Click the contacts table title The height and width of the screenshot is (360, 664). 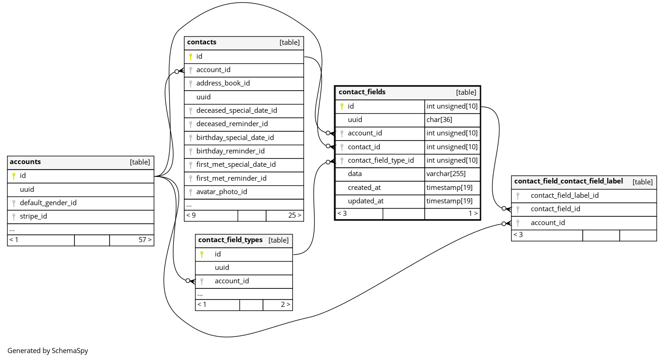pyautogui.click(x=202, y=43)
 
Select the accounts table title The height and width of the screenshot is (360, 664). pyautogui.click(x=25, y=162)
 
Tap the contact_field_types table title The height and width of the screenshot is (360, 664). pyautogui.click(x=230, y=240)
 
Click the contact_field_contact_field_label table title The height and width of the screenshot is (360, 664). pyautogui.click(x=568, y=182)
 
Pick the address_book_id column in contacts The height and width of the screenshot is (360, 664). pyautogui.click(x=223, y=84)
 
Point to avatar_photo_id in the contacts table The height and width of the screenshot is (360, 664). pyautogui.click(x=221, y=192)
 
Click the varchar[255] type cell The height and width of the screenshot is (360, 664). pyautogui.click(x=446, y=174)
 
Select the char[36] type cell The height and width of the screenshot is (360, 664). pyautogui.click(x=439, y=120)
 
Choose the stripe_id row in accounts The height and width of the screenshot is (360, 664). pyautogui.click(x=33, y=216)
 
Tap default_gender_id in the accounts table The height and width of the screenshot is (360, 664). pyautogui.click(x=48, y=203)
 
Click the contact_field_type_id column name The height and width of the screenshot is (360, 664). pyautogui.click(x=381, y=161)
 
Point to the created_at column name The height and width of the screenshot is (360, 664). pyautogui.click(x=364, y=188)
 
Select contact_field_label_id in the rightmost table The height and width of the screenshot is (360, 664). pyautogui.click(x=565, y=195)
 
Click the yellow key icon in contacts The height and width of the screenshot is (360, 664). pyautogui.click(x=190, y=57)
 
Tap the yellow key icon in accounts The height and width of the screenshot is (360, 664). pyautogui.click(x=14, y=176)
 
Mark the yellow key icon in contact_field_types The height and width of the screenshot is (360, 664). pyautogui.click(x=201, y=254)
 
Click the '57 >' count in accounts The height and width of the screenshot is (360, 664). pyautogui.click(x=145, y=240)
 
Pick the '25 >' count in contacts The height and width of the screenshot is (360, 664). pyautogui.click(x=295, y=215)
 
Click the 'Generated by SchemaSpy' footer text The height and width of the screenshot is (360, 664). pyautogui.click(x=48, y=351)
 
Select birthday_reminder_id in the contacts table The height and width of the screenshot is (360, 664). pyautogui.click(x=230, y=152)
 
